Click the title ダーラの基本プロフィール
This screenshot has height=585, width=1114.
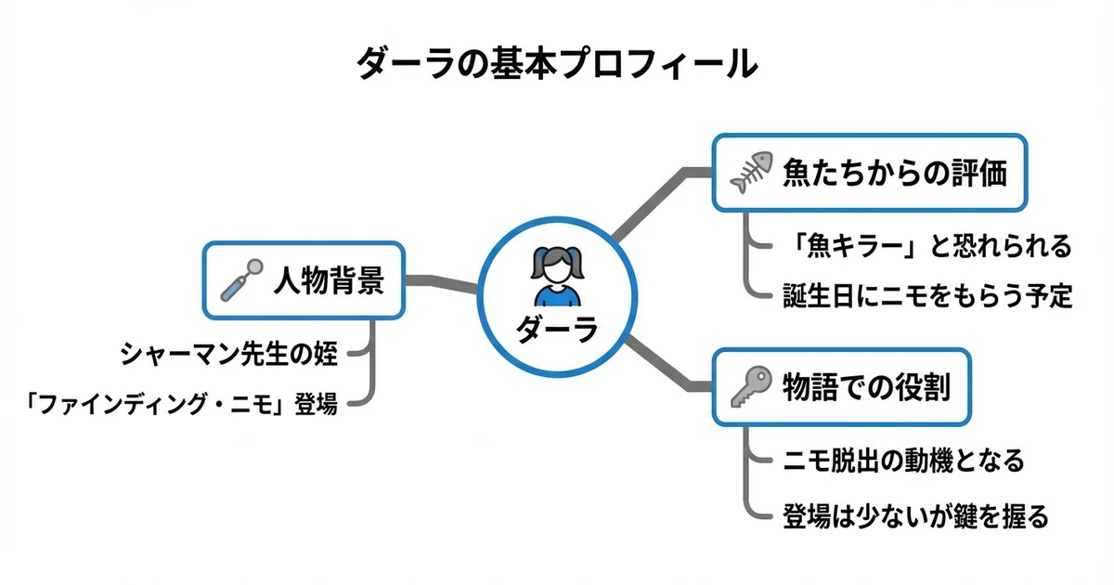click(x=557, y=65)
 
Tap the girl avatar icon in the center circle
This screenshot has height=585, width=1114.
click(x=557, y=276)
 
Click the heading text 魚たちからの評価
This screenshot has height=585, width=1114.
click(x=895, y=174)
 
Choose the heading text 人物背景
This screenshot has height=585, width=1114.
click(x=328, y=280)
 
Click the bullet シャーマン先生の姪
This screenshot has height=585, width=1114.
click(x=229, y=352)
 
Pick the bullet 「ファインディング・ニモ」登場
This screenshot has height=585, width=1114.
click(x=181, y=404)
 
